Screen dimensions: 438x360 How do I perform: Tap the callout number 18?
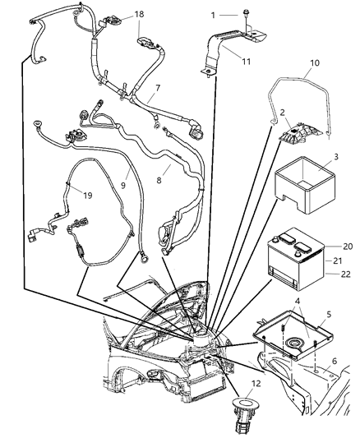pos(139,15)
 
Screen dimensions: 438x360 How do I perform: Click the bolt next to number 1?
pos(247,15)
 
